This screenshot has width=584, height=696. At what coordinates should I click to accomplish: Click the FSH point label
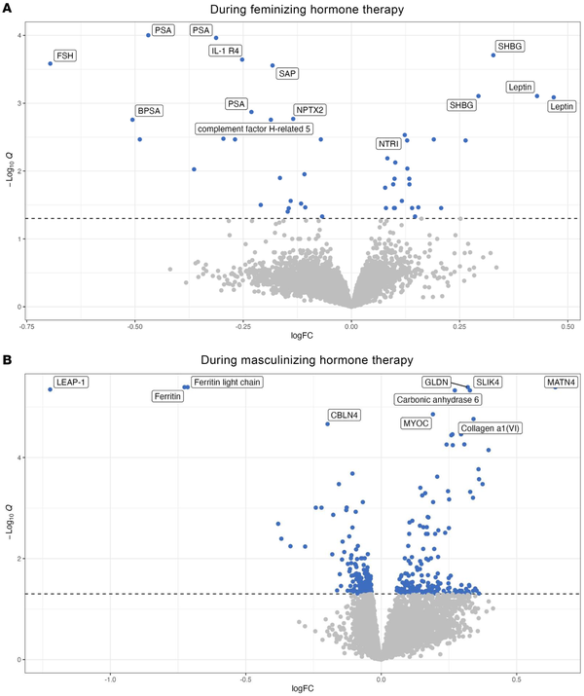tap(64, 56)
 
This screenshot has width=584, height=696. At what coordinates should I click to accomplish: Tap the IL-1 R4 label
tap(226, 50)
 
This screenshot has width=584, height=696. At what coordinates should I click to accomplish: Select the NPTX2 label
tap(310, 110)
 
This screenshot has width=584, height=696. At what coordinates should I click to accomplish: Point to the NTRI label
tap(388, 144)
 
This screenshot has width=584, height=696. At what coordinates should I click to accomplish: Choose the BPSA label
tap(149, 111)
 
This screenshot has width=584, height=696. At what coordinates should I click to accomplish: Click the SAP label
tap(287, 73)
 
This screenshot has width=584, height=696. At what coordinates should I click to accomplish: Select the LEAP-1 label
tap(71, 382)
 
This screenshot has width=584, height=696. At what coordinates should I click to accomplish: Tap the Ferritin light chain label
tap(226, 382)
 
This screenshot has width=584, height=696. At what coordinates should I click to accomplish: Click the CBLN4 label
tap(345, 416)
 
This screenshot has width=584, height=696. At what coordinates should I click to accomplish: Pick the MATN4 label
tap(561, 383)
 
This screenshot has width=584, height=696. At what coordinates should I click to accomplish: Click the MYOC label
tap(416, 423)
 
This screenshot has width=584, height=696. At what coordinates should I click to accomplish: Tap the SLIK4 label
tap(488, 383)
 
